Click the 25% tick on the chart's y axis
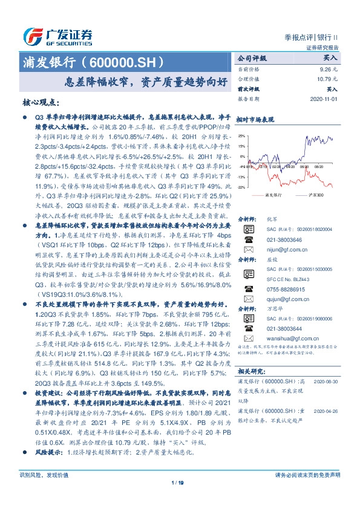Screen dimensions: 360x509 (241, 136)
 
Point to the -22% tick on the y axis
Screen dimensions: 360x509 (241, 187)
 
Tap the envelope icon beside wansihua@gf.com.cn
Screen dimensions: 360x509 (246, 339)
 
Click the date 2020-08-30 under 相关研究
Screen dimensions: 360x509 (327, 382)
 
